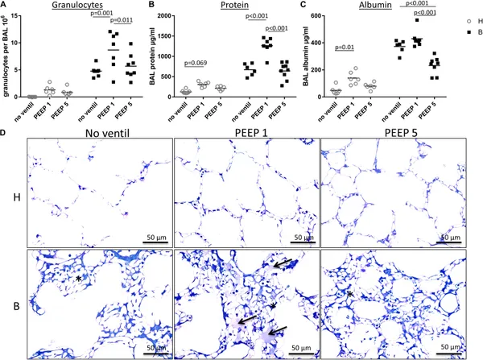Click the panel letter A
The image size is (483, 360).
coord(5,6)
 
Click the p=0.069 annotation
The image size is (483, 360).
coord(201,62)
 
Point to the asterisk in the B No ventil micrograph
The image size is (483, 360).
coord(78,278)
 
